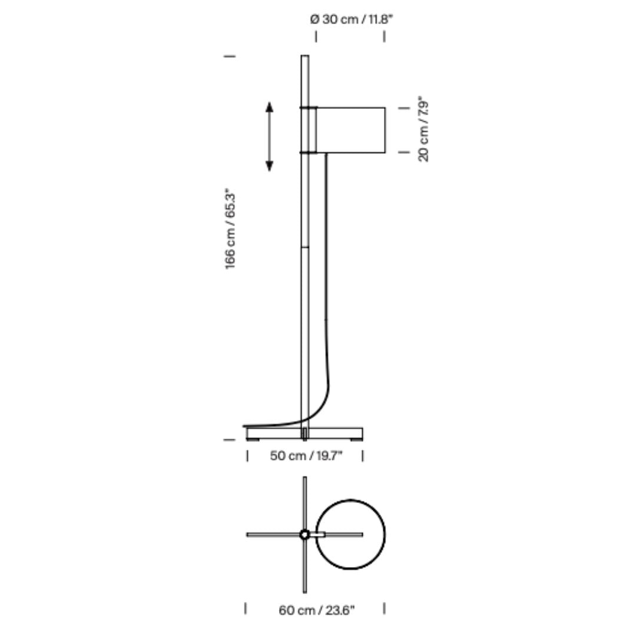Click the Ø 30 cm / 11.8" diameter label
(352, 19)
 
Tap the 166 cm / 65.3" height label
(230, 229)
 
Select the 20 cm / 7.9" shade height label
(423, 129)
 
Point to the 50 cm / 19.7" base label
(306, 455)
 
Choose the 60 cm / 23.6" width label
(317, 610)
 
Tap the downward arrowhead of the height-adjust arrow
(269, 166)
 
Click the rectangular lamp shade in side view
(350, 130)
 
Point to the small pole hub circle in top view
(304, 535)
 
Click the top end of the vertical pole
(305, 56)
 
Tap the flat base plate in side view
(304, 433)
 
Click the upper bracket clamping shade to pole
(308, 108)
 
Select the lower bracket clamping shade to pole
(308, 153)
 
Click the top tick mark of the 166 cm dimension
(230, 56)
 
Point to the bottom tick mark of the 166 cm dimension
(230, 440)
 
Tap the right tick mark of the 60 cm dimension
(384, 609)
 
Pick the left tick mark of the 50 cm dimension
(247, 456)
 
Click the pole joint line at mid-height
(305, 247)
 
